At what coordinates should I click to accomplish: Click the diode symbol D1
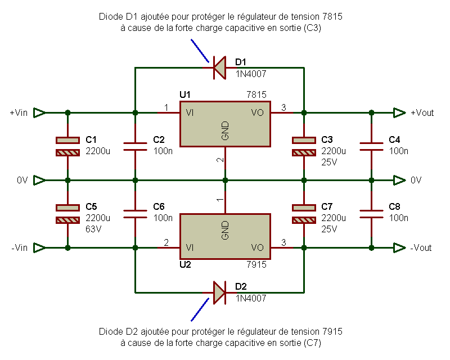218,67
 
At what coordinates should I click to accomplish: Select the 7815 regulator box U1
225,124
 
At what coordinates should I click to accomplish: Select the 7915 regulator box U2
225,236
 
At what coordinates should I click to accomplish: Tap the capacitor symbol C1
67,146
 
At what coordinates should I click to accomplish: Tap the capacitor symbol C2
135,146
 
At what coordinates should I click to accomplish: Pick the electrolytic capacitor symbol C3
304,146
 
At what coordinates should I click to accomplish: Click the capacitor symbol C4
371,146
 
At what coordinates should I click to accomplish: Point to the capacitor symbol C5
67,214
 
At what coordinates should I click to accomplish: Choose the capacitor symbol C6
135,214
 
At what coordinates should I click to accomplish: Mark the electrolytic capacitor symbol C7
304,214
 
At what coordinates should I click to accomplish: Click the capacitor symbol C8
371,214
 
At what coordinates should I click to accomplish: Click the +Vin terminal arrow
39,112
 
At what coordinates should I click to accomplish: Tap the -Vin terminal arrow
39,247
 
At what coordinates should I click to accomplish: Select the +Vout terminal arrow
399,112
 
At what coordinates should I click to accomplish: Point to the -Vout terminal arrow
399,247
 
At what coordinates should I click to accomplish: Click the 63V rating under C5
94,229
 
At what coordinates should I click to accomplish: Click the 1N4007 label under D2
250,298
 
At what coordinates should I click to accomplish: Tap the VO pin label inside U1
257,112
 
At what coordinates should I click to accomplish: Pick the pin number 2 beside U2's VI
165,242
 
